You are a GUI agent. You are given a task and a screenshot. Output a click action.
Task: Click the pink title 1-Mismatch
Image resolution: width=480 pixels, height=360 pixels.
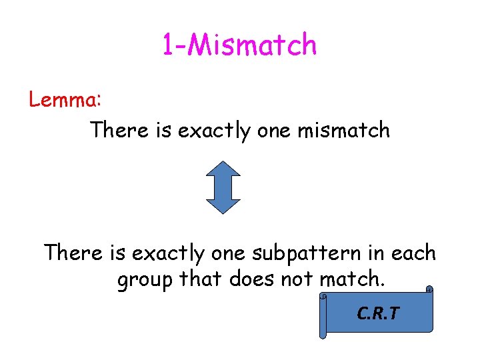239,45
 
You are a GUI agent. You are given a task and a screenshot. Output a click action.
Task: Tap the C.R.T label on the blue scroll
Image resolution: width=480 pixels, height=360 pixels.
378,313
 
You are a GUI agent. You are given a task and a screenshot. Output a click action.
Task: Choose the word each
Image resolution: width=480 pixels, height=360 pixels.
413,253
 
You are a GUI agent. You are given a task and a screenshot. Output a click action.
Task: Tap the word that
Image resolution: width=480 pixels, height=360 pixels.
200,280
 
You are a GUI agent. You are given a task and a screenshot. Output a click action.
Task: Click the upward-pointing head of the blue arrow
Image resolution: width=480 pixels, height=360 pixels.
223,169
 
